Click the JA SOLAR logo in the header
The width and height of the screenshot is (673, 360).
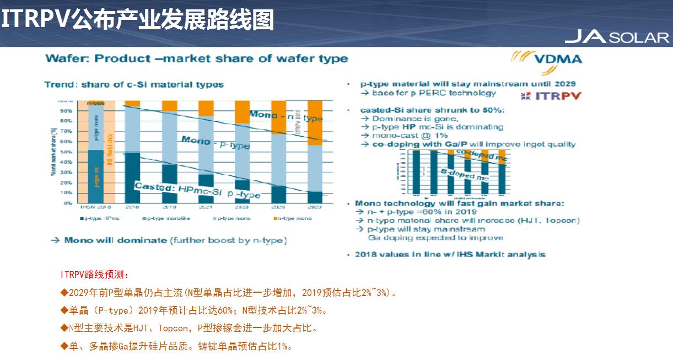(616, 37)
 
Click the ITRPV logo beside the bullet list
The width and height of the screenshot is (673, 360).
(551, 96)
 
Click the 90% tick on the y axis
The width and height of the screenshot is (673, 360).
(66, 111)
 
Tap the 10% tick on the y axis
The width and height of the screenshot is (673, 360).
(66, 193)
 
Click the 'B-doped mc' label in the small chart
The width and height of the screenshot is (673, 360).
(464, 175)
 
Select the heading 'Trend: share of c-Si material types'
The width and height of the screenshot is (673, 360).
(134, 84)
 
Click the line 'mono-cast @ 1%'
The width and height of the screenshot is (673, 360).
(410, 136)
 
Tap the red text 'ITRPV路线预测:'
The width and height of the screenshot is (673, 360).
(94, 274)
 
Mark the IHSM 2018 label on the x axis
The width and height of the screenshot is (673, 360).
(96, 207)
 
